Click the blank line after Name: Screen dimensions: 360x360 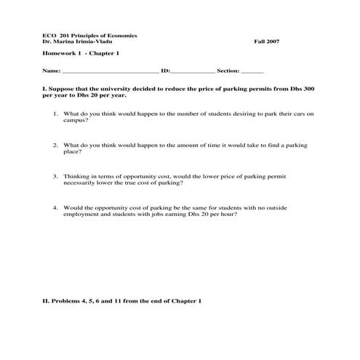coord(110,72)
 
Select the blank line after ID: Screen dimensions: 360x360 coord(193,72)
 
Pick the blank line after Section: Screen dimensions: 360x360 coord(252,72)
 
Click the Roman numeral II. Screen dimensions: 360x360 coord(46,300)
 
